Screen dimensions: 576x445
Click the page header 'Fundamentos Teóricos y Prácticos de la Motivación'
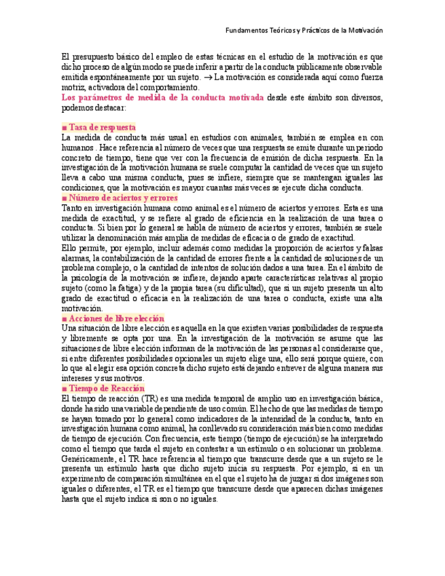click(304, 31)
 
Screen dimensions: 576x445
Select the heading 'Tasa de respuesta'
click(102, 127)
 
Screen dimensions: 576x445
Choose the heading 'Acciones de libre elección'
click(116, 318)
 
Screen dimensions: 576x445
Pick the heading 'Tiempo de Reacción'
click(107, 388)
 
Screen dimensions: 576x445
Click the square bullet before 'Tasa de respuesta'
click(64, 128)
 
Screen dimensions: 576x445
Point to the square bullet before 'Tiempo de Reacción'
click(64, 389)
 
